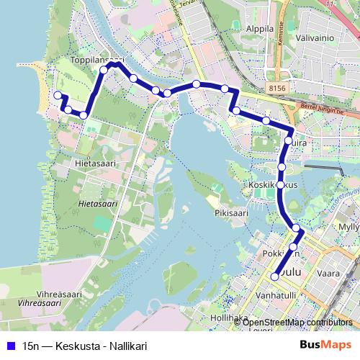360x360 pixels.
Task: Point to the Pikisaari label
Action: [231, 213]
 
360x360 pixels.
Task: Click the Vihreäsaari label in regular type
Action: [50, 294]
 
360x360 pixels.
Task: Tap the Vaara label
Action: [328, 274]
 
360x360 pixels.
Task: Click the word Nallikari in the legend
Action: [126, 346]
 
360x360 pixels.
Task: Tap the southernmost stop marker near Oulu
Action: [274, 276]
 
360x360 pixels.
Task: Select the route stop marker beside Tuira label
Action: [287, 141]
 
